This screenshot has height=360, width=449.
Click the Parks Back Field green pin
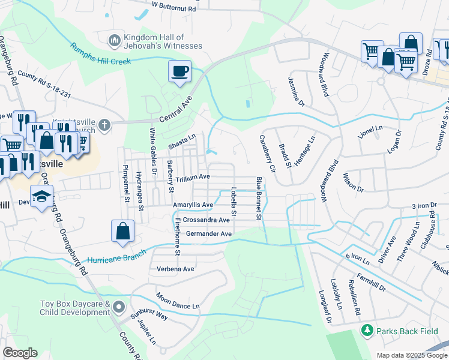[x=366, y=331]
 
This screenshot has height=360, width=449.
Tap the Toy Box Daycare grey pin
[x=119, y=308]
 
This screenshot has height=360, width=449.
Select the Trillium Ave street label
[x=192, y=177]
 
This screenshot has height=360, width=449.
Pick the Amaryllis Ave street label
[x=193, y=205]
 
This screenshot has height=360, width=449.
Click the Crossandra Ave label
[x=208, y=220]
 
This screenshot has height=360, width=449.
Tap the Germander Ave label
[x=208, y=234]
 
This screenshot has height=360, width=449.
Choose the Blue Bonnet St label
[x=259, y=197]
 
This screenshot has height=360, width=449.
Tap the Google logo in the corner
[x=20, y=353]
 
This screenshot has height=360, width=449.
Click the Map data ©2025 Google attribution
[x=411, y=355]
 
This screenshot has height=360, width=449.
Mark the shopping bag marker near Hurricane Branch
[x=122, y=232]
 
